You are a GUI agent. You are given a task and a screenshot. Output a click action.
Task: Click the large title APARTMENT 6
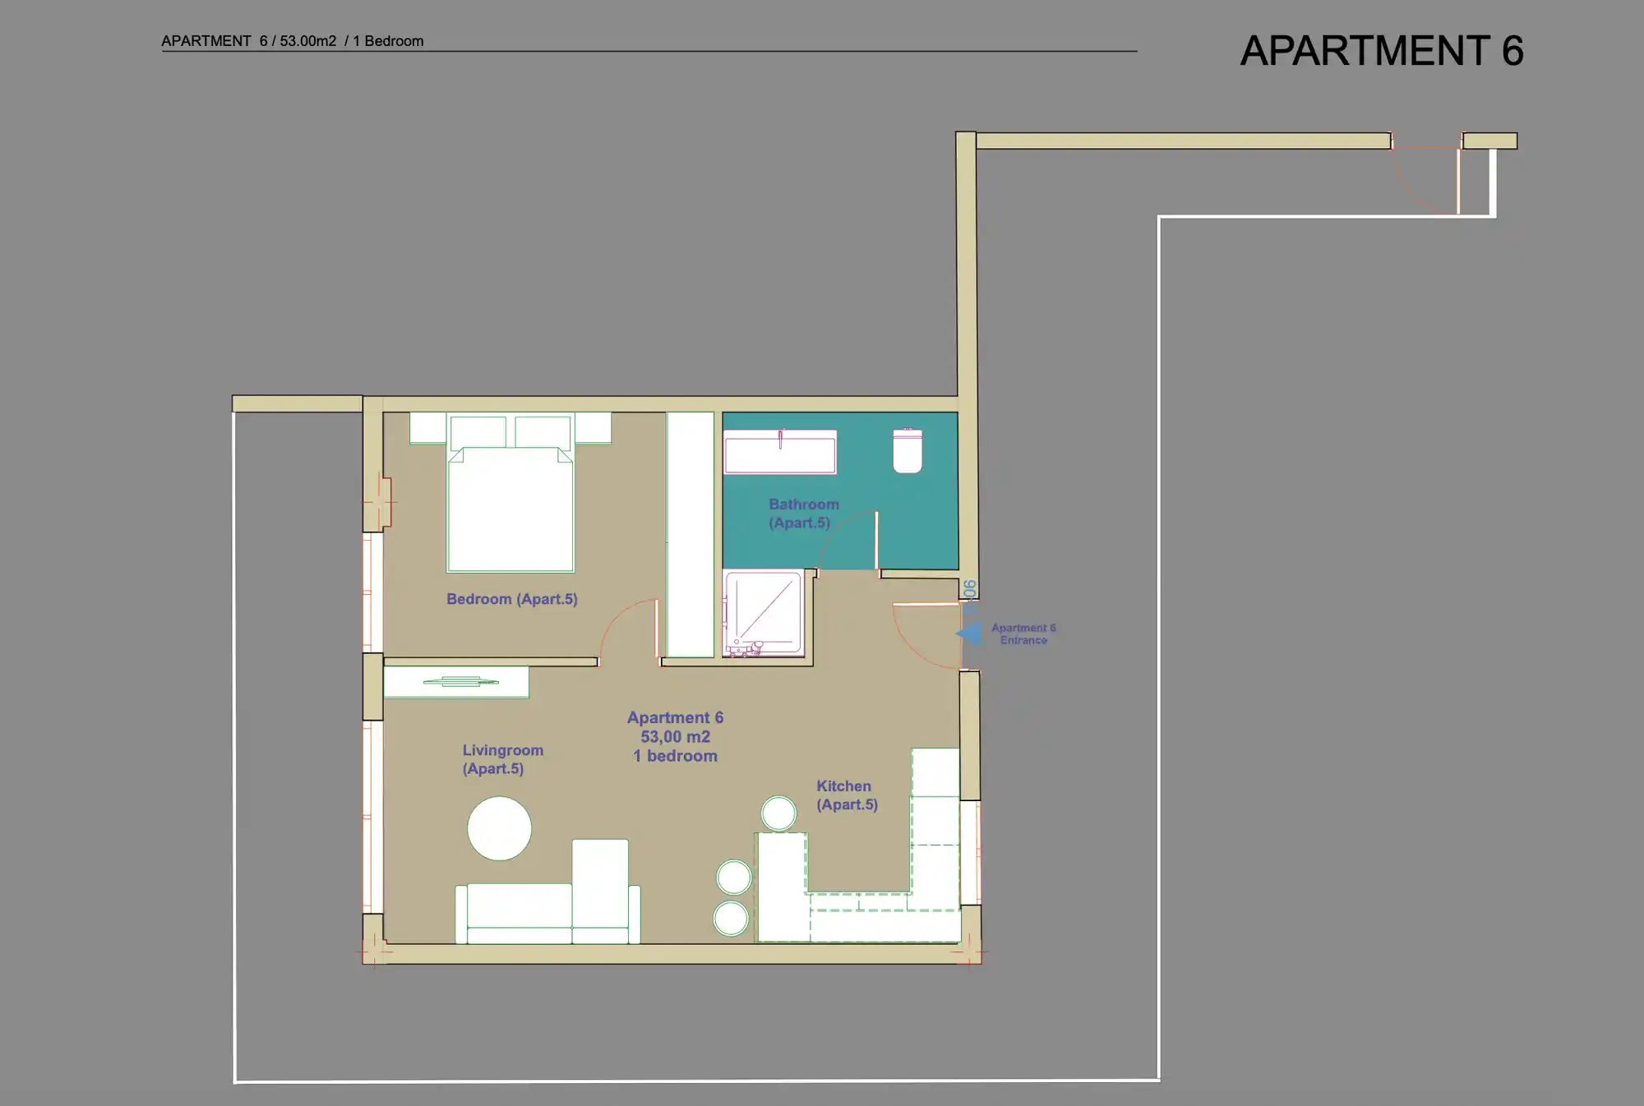tap(1382, 51)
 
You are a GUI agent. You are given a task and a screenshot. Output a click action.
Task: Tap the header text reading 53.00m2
tap(307, 41)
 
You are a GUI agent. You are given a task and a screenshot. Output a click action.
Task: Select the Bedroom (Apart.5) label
tap(512, 599)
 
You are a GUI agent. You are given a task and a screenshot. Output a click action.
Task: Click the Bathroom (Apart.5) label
tap(804, 514)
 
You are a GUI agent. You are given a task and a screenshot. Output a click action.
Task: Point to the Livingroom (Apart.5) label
tap(503, 759)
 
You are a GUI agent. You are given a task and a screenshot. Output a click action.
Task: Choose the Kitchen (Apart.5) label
tap(847, 795)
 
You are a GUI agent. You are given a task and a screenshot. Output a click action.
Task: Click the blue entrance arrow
tap(969, 634)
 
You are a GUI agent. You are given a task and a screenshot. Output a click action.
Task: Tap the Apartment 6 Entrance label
tap(1023, 634)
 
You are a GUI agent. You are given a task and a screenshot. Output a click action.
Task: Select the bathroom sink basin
tap(780, 452)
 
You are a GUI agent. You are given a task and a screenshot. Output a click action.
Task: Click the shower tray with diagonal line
tap(764, 612)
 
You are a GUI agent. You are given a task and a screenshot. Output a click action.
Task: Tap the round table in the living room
tap(499, 828)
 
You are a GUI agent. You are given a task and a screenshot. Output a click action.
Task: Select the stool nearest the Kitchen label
tap(778, 813)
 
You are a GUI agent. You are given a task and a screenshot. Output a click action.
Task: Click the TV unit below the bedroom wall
tap(456, 682)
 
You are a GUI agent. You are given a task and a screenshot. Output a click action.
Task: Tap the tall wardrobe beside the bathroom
tap(690, 534)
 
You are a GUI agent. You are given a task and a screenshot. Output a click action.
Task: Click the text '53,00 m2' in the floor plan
tap(676, 737)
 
